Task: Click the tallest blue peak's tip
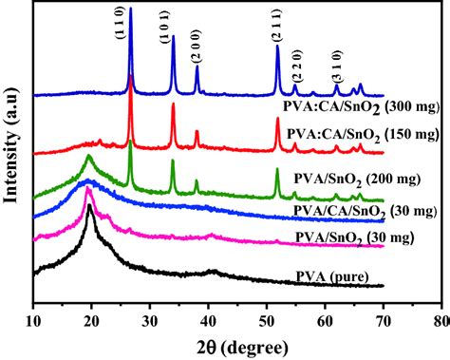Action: tap(130, 8)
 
